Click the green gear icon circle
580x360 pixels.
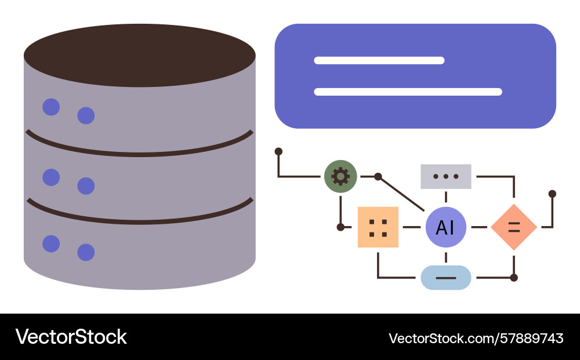click(x=340, y=176)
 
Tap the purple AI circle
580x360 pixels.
click(x=445, y=227)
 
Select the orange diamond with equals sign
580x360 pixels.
click(x=513, y=227)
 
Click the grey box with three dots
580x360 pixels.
click(x=445, y=176)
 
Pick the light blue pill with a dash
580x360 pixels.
click(x=445, y=278)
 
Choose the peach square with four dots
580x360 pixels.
click(x=378, y=227)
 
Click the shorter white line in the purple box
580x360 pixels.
click(x=379, y=60)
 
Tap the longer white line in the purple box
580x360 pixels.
click(x=408, y=92)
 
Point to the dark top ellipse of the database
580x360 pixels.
click(x=139, y=56)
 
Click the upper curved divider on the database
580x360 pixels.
click(x=139, y=152)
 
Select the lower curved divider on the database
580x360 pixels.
click(x=139, y=220)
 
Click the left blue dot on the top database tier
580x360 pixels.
click(x=51, y=107)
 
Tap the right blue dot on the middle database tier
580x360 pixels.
click(x=86, y=186)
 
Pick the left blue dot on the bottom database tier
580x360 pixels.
click(x=51, y=243)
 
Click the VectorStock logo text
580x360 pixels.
click(x=71, y=337)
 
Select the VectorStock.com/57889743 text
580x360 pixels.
click(x=476, y=338)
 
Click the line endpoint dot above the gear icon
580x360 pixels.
click(x=278, y=151)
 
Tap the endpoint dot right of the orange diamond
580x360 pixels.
click(x=552, y=194)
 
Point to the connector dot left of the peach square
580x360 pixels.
click(x=340, y=227)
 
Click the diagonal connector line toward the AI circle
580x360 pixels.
click(x=401, y=193)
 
